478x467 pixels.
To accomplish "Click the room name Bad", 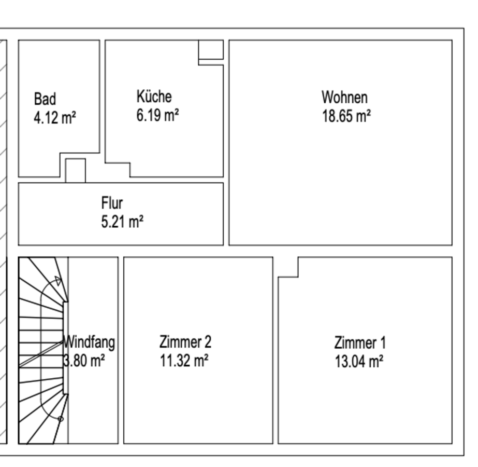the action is (45, 99).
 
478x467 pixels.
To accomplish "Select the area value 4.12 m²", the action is (55, 118).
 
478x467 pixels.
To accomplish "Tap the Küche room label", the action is (154, 96).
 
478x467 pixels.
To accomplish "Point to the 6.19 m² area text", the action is (157, 115).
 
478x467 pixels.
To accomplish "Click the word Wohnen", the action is (345, 98).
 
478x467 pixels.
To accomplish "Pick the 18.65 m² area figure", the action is (346, 116).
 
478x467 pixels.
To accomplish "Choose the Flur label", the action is (112, 203).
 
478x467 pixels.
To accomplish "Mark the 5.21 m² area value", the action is (122, 222).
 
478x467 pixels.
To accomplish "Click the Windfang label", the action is (89, 342).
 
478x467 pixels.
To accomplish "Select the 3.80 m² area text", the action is (84, 361).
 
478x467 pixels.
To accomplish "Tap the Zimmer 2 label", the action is (185, 342).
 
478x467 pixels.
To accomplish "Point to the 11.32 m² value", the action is (184, 361).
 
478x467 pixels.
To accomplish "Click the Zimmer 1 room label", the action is (360, 342).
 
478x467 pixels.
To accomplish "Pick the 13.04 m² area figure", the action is (359, 361).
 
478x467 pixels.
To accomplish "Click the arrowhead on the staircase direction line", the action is (58, 280).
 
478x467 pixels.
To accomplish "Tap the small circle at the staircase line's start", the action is (61, 419).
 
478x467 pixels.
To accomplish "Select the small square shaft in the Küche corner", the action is (211, 49).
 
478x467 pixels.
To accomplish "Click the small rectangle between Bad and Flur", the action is (76, 170).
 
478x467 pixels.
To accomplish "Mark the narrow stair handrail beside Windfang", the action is (65, 348).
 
